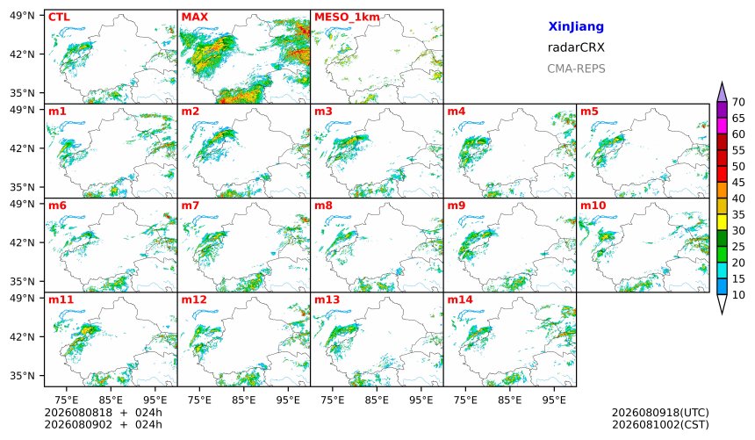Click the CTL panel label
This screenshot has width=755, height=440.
(x=59, y=18)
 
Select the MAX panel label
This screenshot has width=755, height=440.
(x=195, y=18)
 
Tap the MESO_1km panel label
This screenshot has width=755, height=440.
(x=347, y=18)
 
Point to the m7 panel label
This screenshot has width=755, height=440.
(x=191, y=206)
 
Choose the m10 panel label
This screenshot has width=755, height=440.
(x=593, y=206)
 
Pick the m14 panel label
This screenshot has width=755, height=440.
(x=460, y=299)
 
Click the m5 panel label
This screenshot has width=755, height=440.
(x=589, y=112)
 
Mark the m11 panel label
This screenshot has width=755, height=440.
(x=61, y=299)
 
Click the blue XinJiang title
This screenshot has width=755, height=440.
(x=576, y=26)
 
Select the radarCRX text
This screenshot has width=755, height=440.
(x=576, y=47)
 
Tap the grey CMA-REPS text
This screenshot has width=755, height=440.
(x=576, y=69)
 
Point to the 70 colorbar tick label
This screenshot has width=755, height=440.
(x=738, y=102)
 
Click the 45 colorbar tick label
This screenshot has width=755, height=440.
(x=738, y=183)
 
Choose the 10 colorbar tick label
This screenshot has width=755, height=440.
(x=738, y=295)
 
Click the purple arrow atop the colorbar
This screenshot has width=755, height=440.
(x=722, y=92)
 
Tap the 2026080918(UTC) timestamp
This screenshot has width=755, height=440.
(x=660, y=413)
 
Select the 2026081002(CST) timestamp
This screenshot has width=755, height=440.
(x=660, y=425)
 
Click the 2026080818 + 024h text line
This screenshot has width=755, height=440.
(x=103, y=413)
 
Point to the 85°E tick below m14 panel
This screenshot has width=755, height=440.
(x=510, y=400)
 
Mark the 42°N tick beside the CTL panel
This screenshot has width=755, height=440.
(x=22, y=54)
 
